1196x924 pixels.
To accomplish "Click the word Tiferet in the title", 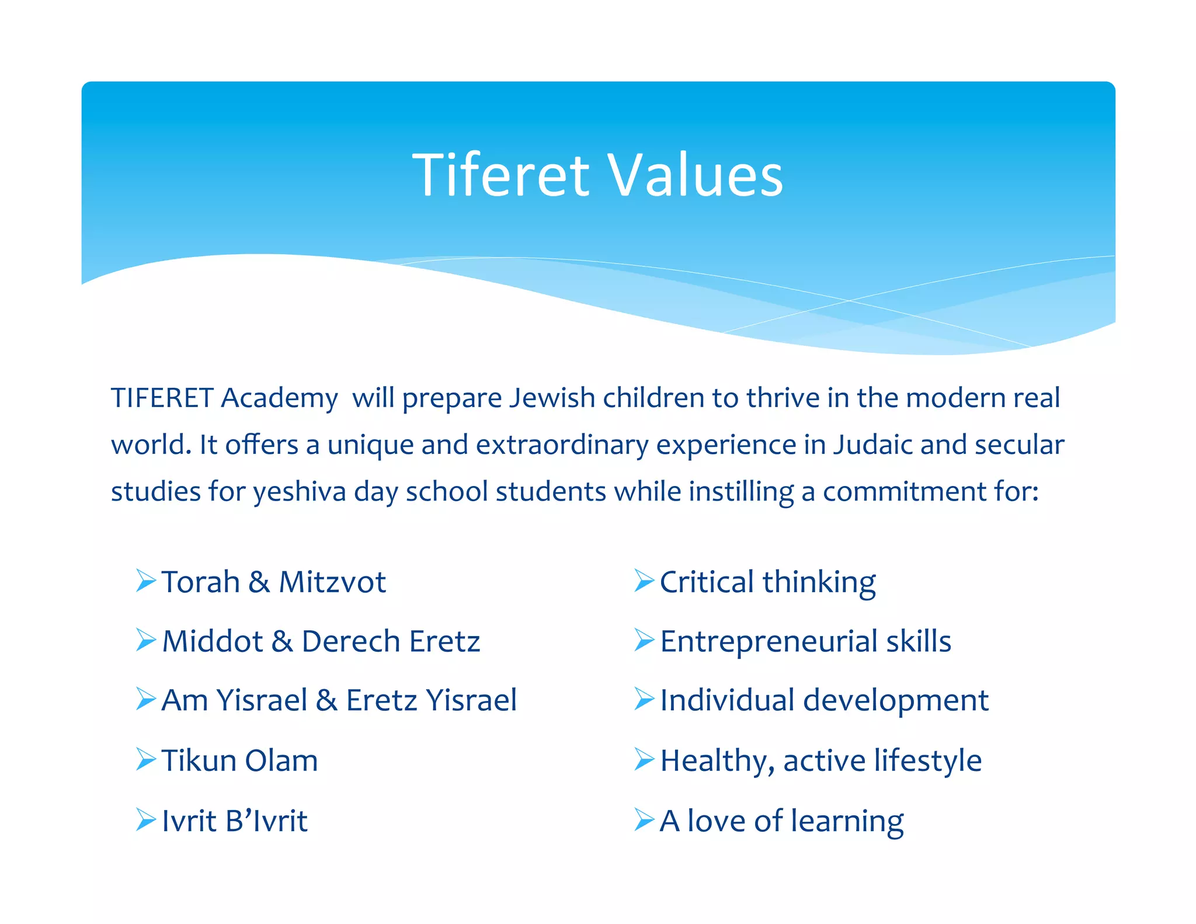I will point(501,175).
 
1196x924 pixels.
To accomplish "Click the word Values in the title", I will point(696,175).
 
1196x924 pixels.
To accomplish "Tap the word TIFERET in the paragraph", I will point(162,398).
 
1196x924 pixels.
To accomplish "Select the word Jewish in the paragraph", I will point(552,398).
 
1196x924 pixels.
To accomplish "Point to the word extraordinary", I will point(562,445).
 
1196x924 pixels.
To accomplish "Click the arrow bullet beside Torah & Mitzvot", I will point(145,581).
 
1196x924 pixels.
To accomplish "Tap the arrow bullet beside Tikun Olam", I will point(145,759).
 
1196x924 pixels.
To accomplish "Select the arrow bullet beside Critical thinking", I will point(644,581).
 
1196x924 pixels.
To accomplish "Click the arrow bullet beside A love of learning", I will point(644,819).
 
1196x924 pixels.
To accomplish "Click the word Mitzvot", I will point(332,582).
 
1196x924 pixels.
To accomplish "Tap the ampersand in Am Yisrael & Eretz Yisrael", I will point(326,700).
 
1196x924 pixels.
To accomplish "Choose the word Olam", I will point(281,760).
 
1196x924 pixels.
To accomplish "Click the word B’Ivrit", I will point(266,821).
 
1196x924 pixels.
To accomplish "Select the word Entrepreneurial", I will point(769,641).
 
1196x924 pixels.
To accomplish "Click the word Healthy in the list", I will point(718,760).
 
